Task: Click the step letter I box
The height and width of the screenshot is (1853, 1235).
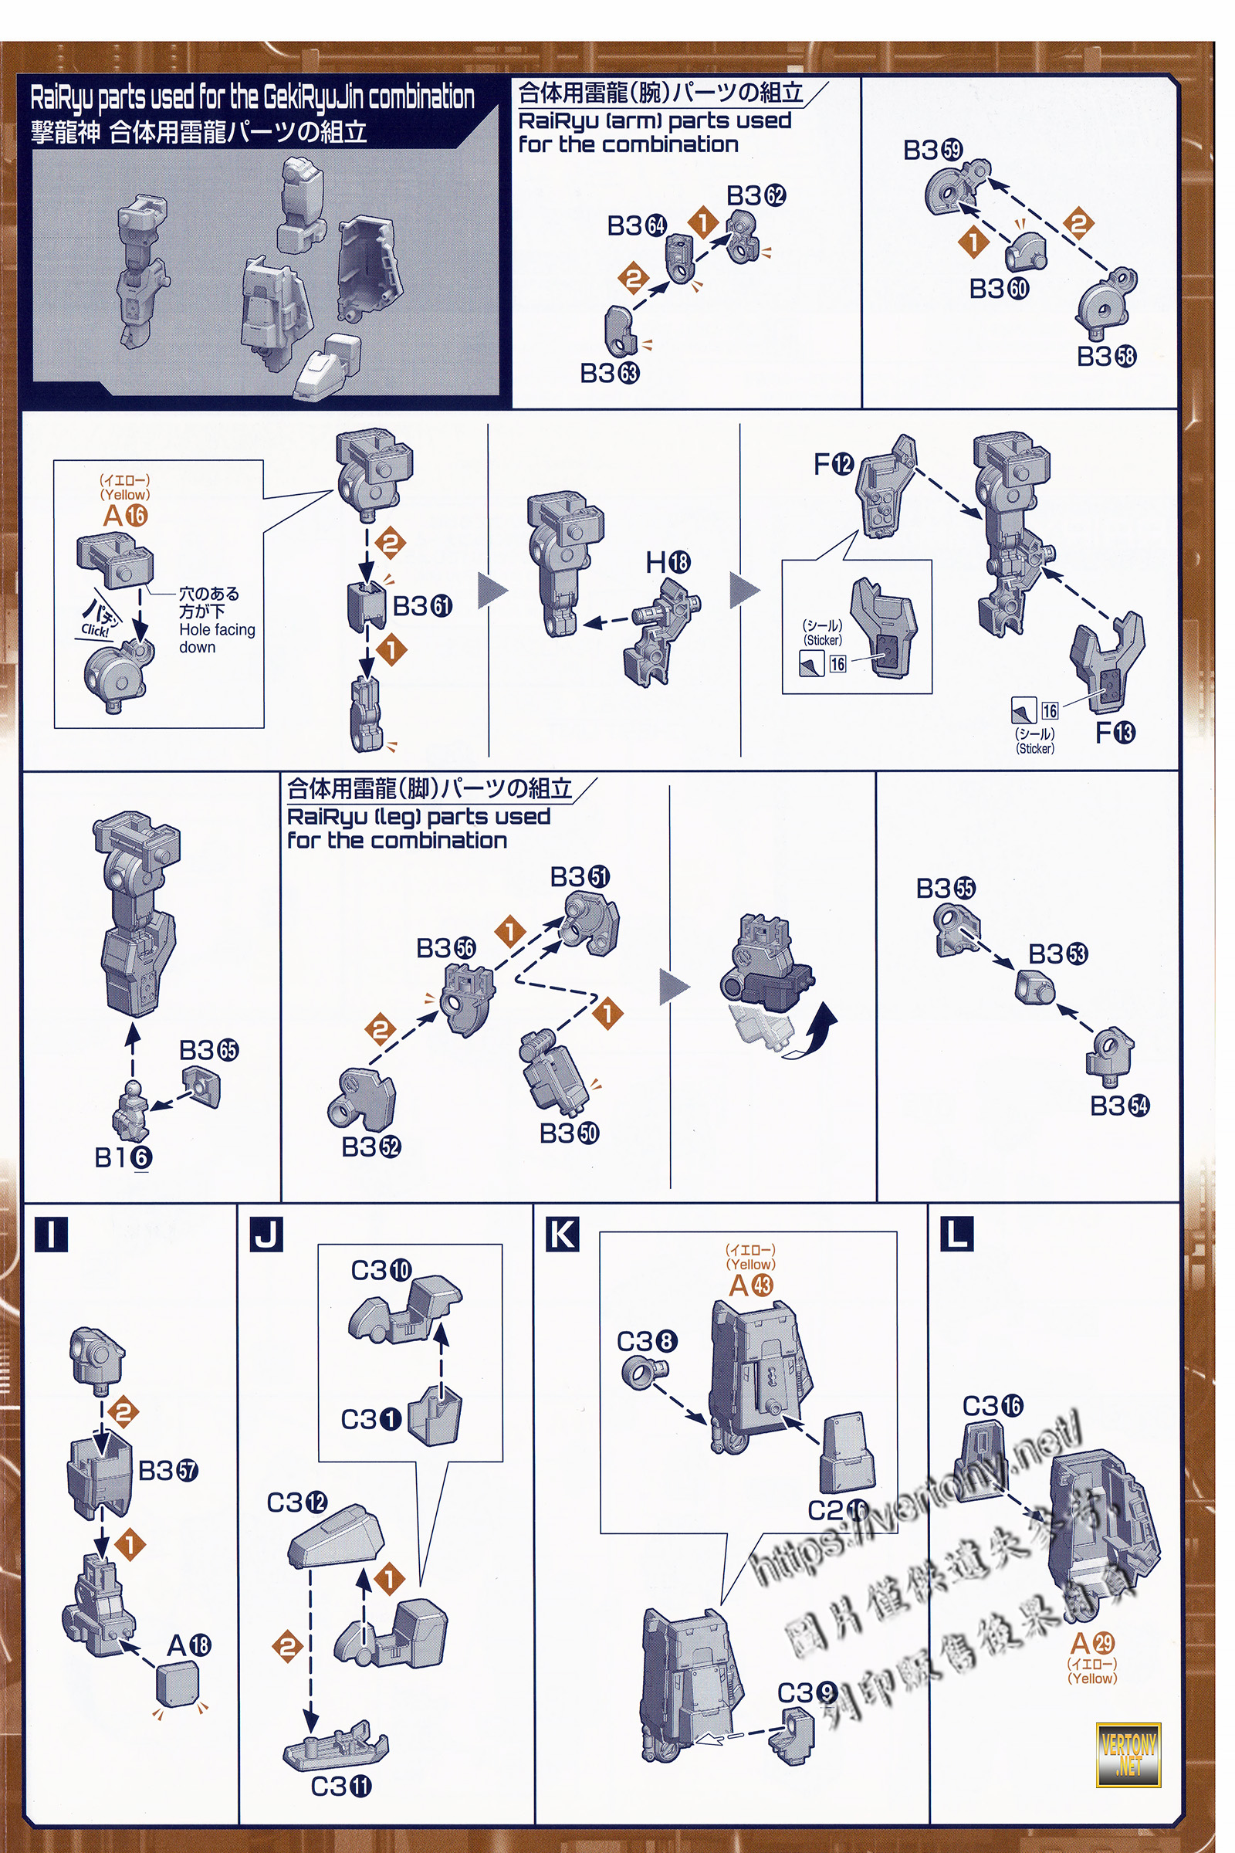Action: click(51, 1234)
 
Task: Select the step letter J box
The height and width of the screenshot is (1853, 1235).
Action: click(266, 1234)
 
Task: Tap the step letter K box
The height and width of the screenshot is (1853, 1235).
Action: click(563, 1234)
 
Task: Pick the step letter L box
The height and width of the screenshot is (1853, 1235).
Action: click(957, 1234)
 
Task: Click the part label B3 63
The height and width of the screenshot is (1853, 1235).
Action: click(610, 374)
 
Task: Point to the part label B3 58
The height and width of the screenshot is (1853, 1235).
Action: click(1107, 356)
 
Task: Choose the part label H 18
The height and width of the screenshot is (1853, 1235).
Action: click(668, 563)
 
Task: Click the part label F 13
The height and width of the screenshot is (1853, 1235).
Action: click(1115, 733)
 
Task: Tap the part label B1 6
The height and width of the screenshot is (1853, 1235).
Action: click(123, 1157)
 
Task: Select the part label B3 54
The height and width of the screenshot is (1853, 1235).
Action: click(1119, 1106)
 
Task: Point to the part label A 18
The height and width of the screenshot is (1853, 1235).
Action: click(188, 1645)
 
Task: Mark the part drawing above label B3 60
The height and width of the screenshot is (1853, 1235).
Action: click(1026, 252)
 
